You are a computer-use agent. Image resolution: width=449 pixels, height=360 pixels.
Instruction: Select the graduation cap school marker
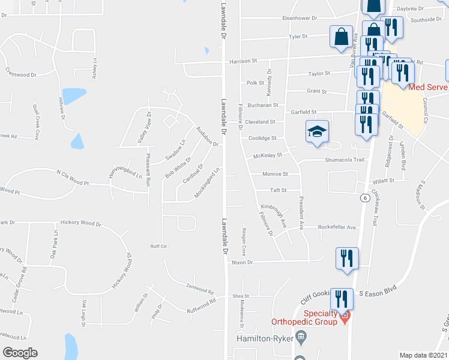[318, 132]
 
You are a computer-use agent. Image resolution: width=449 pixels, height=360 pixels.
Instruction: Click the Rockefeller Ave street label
[337, 227]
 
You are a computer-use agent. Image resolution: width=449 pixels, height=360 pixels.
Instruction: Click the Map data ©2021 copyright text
[424, 355]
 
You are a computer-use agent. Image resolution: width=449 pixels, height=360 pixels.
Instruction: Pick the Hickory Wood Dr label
[83, 223]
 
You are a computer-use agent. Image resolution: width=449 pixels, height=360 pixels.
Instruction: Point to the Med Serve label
[429, 87]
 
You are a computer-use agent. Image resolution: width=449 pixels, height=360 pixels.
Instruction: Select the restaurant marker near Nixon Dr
[347, 259]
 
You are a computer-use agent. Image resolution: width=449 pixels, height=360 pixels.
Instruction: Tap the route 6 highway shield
[364, 198]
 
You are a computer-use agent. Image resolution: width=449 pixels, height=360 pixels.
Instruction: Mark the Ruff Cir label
[158, 246]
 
